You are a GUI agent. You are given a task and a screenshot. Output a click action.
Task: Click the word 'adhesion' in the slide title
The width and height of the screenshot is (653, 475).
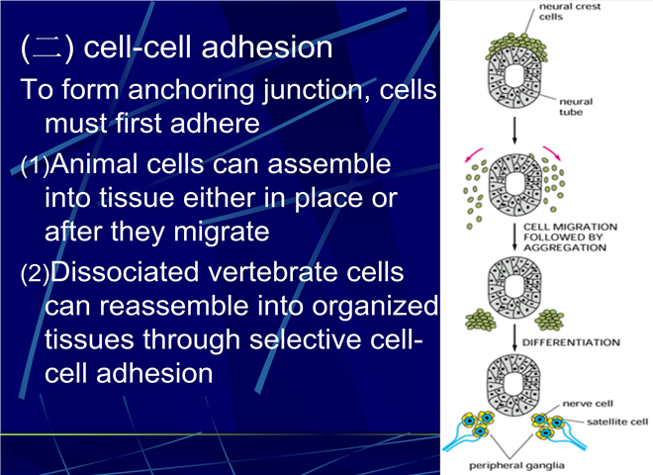tap(267, 47)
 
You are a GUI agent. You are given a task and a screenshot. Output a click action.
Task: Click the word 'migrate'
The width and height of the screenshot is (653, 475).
tap(222, 232)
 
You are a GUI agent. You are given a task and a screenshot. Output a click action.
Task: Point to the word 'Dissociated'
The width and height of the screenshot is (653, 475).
tap(124, 272)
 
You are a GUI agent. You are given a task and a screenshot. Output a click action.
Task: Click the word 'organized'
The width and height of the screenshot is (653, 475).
tap(375, 306)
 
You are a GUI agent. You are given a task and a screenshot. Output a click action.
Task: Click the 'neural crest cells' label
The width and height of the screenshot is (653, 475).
tap(569, 12)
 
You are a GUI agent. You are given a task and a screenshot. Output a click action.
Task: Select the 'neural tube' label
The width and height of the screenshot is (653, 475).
tap(576, 107)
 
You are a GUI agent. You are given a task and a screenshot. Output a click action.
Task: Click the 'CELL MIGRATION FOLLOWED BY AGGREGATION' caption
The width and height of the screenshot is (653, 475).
tap(570, 237)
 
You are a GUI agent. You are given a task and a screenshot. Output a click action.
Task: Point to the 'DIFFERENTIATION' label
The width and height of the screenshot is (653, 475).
tap(571, 342)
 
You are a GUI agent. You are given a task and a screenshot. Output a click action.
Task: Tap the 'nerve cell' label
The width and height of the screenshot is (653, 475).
tap(588, 404)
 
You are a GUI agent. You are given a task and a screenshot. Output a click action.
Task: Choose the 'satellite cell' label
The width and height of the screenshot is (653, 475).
tap(617, 423)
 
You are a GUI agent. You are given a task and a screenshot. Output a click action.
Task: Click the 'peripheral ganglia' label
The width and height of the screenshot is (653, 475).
tap(516, 465)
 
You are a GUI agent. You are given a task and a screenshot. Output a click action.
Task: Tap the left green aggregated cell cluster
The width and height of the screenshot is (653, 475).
tap(481, 321)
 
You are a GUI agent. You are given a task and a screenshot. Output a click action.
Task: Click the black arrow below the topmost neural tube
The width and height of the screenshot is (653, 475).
tap(514, 131)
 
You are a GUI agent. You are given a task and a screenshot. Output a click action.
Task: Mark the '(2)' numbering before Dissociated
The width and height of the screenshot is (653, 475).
tap(35, 274)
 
